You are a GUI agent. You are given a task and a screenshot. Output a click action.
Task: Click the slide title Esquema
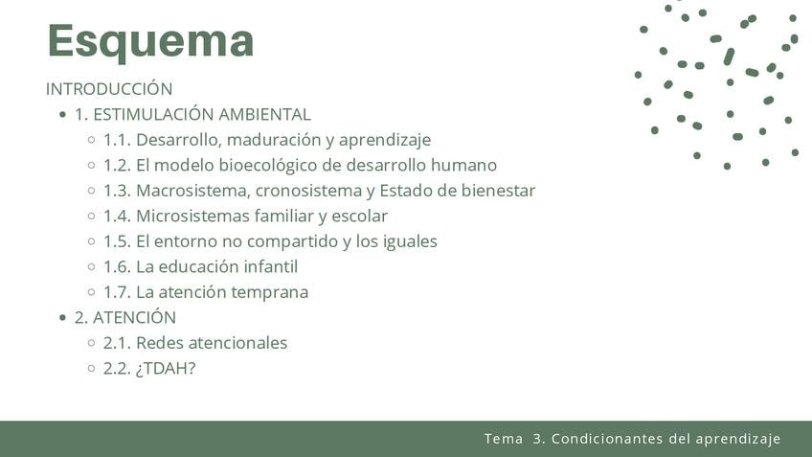tap(150, 41)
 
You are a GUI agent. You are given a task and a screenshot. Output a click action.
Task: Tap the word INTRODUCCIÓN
tap(109, 88)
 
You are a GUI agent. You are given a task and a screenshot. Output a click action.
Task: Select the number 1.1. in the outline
tap(117, 140)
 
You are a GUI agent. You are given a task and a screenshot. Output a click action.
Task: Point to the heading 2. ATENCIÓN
tap(125, 317)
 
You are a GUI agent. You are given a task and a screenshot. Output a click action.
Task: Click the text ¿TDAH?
tap(166, 369)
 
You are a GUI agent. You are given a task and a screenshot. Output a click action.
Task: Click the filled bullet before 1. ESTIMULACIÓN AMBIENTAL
tap(62, 115)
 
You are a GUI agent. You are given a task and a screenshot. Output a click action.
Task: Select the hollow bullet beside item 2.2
tap(92, 369)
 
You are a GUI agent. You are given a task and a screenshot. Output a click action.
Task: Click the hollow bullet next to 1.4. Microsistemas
tap(92, 217)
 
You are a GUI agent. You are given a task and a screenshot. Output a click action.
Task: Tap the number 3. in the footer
tap(539, 439)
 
